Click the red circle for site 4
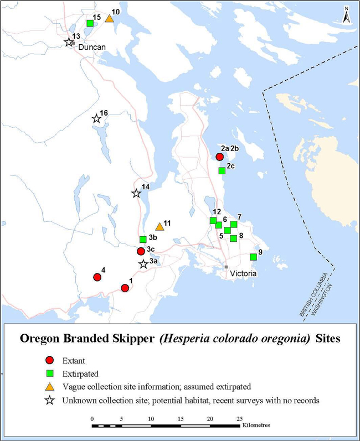pyautogui.click(x=97, y=277)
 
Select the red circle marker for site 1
pyautogui.click(x=125, y=288)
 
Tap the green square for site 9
pyautogui.click(x=253, y=257)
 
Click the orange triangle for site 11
pyautogui.click(x=160, y=226)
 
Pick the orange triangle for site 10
pyautogui.click(x=110, y=19)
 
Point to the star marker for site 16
pyautogui.click(x=96, y=118)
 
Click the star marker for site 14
pyautogui.click(x=136, y=194)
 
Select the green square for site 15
pyautogui.click(x=90, y=23)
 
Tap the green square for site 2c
pyautogui.click(x=222, y=170)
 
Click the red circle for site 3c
pyautogui.click(x=141, y=251)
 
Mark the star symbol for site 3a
pyautogui.click(x=143, y=264)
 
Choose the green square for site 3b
pyautogui.click(x=143, y=239)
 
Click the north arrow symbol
pyautogui.click(x=346, y=15)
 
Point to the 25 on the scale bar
pyautogui.click(x=239, y=418)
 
